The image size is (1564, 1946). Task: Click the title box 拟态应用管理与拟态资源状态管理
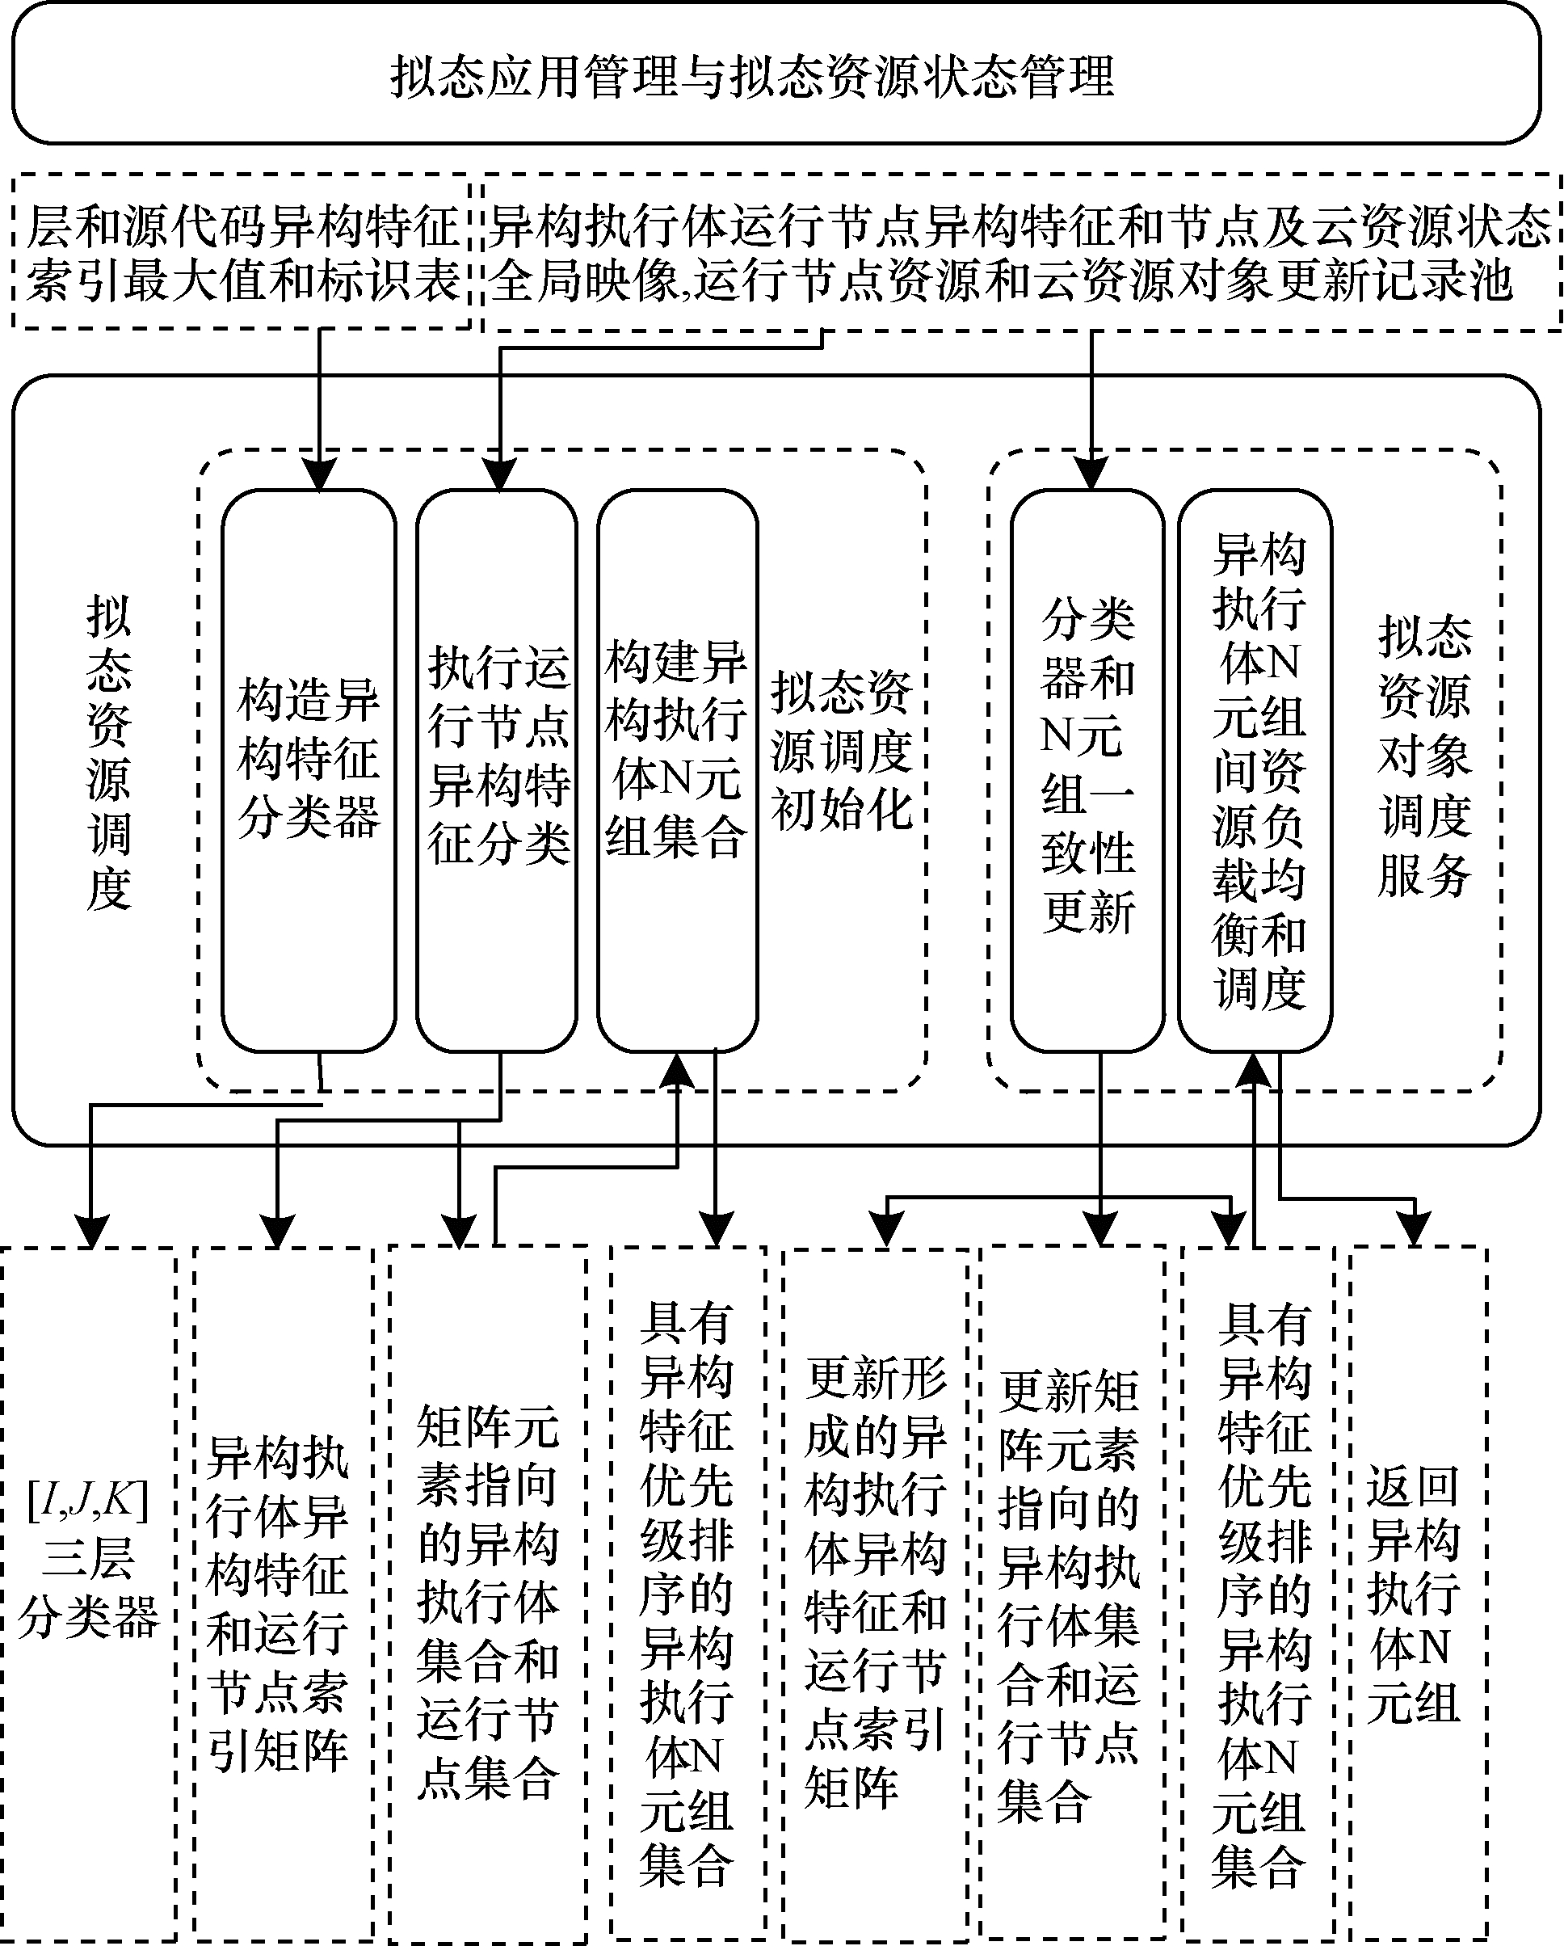coord(776,72)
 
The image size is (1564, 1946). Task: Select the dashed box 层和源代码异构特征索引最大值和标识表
coord(242,254)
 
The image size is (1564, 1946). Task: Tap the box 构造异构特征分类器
coord(309,771)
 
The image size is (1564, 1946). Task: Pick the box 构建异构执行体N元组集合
coord(677,771)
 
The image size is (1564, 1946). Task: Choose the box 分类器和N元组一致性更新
coord(1087,771)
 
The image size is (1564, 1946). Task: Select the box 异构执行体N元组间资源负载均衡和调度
coord(1255,771)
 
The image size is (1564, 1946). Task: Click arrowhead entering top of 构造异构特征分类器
coord(319,474)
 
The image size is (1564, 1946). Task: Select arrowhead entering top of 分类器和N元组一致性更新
coord(1091,474)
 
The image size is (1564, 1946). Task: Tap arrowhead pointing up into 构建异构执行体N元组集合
coord(678,1070)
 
